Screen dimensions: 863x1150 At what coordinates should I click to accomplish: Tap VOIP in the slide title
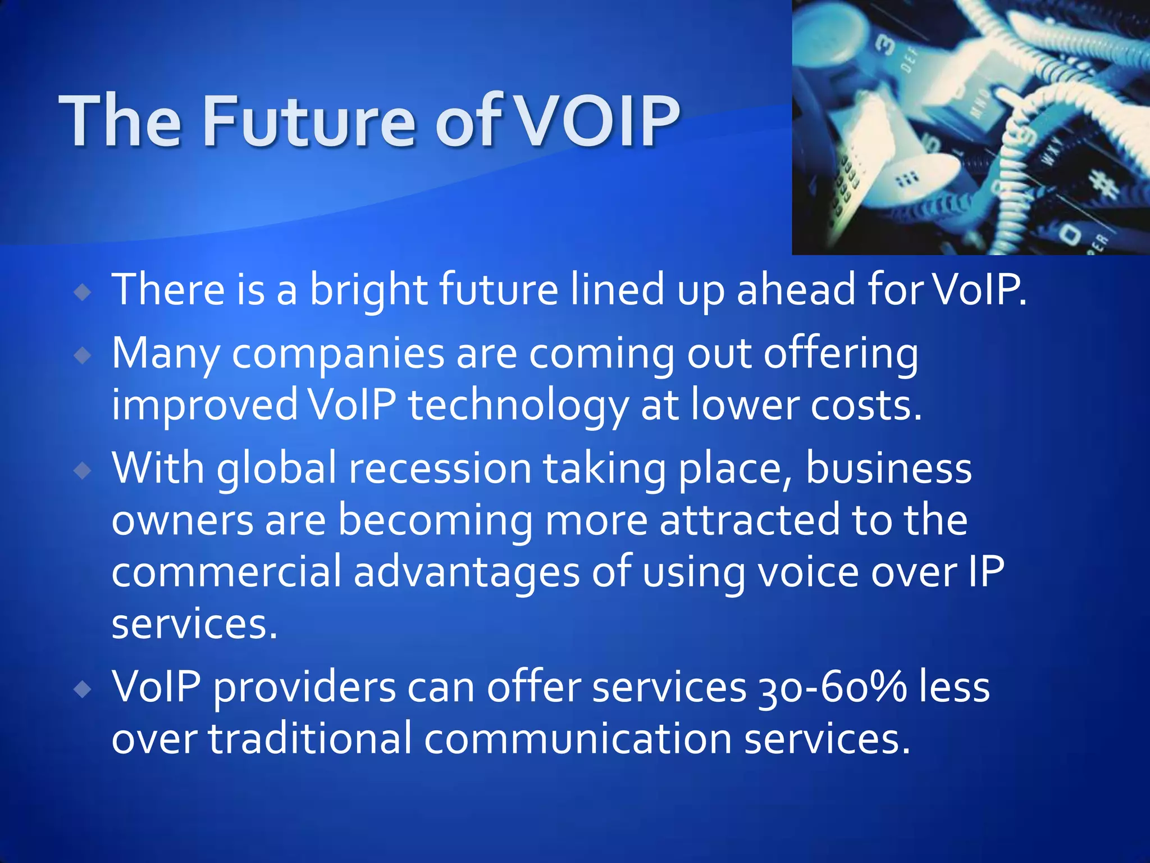click(x=597, y=121)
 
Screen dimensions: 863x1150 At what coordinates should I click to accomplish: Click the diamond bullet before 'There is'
click(x=83, y=292)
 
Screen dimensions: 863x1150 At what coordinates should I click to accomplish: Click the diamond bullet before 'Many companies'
click(x=83, y=355)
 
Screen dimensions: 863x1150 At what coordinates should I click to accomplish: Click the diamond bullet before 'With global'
click(x=83, y=470)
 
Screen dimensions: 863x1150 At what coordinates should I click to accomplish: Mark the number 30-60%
click(x=832, y=688)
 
